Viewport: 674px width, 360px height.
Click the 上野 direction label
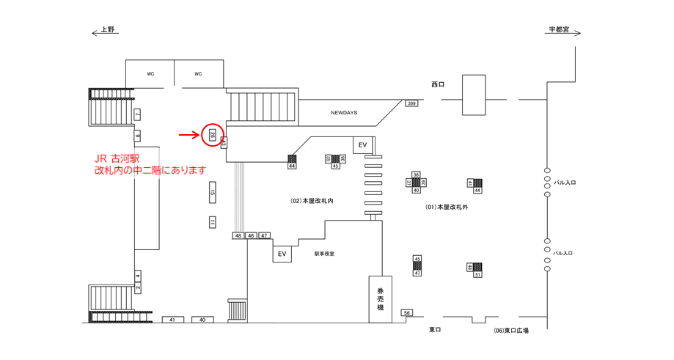point(108,30)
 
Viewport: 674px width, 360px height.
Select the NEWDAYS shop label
point(344,113)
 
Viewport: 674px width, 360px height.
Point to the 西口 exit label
point(438,85)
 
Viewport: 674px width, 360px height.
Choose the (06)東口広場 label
point(511,331)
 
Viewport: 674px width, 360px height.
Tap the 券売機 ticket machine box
point(380,299)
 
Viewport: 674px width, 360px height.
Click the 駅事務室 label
point(324,254)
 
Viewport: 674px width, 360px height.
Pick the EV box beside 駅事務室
point(282,254)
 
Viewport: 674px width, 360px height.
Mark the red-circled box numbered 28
point(212,134)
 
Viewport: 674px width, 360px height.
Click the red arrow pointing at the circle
point(189,135)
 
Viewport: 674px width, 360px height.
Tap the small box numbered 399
point(411,103)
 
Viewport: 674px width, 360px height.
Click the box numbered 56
point(407,312)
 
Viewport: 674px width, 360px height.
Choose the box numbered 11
point(212,222)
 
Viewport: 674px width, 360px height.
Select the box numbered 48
point(238,235)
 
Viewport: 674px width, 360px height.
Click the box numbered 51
point(477,274)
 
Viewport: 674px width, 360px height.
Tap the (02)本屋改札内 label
point(312,199)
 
